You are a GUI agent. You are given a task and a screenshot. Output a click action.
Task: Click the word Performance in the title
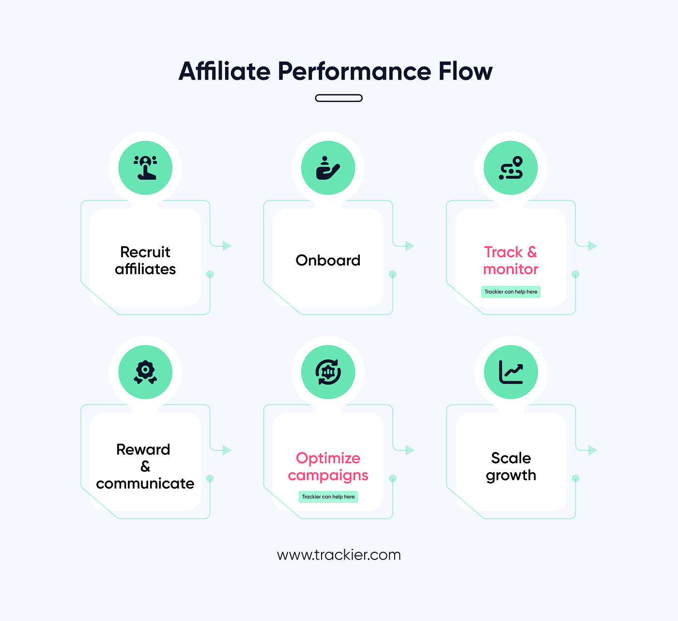(x=354, y=71)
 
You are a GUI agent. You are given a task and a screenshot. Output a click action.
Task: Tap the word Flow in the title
(x=465, y=71)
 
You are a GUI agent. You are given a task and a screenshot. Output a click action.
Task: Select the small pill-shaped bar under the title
(x=339, y=98)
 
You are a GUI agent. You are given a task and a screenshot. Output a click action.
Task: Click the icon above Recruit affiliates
(x=145, y=168)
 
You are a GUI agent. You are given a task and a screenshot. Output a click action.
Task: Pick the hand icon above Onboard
(x=328, y=168)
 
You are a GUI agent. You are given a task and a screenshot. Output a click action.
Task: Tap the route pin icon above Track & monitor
(x=511, y=168)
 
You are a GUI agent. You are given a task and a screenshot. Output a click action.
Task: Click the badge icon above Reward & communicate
(x=145, y=372)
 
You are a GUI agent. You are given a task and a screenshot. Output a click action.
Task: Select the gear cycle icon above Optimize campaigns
(x=328, y=372)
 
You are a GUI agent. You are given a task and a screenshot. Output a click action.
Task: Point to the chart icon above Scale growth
(x=511, y=372)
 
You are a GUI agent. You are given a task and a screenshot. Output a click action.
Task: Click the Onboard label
(x=328, y=260)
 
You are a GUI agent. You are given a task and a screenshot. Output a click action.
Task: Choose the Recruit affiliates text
(x=145, y=260)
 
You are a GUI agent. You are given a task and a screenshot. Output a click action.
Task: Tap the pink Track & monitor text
(x=510, y=260)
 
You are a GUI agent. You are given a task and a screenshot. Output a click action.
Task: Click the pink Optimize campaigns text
(x=328, y=467)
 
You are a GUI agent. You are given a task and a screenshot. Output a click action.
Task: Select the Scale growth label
(x=511, y=467)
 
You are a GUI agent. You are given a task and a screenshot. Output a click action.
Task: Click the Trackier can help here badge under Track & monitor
(x=511, y=292)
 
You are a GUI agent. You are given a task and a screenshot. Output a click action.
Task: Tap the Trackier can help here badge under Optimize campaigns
(x=328, y=497)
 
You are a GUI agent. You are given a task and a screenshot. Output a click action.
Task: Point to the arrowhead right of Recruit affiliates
(x=227, y=246)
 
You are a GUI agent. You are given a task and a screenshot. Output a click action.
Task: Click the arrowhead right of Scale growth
(x=593, y=450)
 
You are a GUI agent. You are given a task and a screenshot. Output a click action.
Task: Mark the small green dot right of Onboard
(x=392, y=274)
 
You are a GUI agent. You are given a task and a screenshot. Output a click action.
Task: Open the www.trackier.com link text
(x=339, y=555)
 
